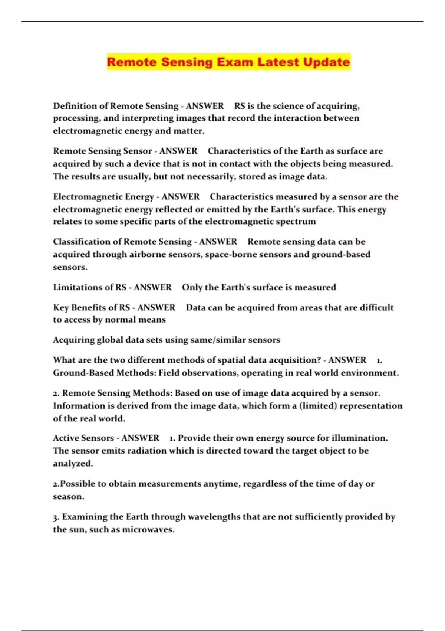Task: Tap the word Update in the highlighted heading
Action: pos(326,62)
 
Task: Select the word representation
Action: pos(371,406)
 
